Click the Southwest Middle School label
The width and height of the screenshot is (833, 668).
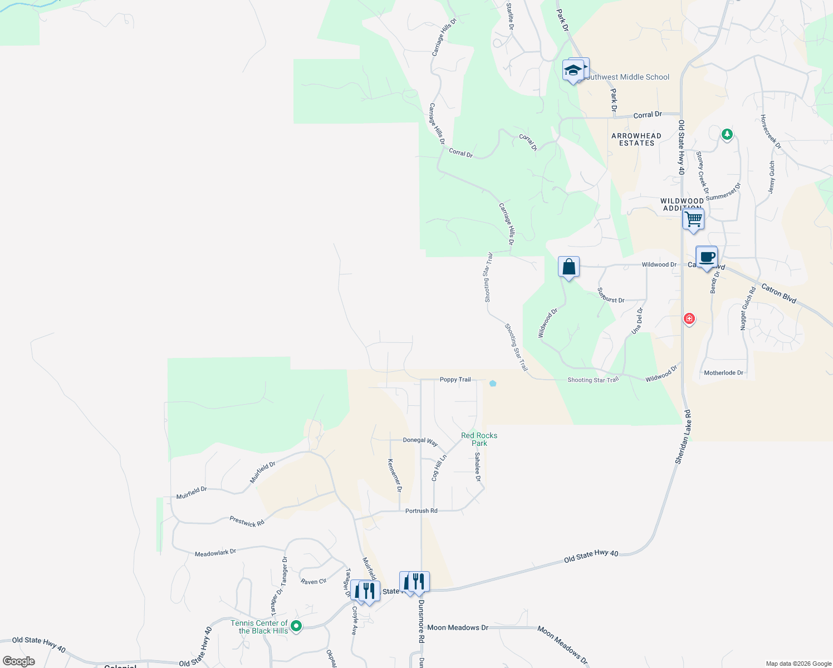coord(626,77)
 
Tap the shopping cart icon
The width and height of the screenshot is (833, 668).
coord(693,219)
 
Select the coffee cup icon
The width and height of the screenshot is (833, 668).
coord(707,257)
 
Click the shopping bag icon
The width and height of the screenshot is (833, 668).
coord(569,267)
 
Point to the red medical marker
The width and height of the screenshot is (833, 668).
coord(689,318)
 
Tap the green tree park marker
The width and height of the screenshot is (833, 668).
coord(727,134)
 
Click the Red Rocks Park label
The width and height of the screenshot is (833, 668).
coord(479,439)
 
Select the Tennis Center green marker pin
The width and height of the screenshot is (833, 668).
coord(297,626)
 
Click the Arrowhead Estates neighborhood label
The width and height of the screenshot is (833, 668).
coord(636,139)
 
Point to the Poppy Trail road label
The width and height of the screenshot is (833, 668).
coord(455,380)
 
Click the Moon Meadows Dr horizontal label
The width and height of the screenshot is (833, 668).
coord(457,627)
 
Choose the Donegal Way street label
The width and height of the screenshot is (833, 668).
coord(420,440)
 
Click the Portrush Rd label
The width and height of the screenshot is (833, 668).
coord(421,510)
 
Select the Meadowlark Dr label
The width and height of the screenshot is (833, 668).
coord(215,553)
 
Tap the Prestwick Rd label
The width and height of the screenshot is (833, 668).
coord(247,522)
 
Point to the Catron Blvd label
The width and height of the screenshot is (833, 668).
coord(778,293)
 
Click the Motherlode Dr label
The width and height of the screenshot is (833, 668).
coord(723,373)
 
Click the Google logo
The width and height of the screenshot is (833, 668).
coord(19,661)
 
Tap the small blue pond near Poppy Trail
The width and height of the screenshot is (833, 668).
coord(493,383)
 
